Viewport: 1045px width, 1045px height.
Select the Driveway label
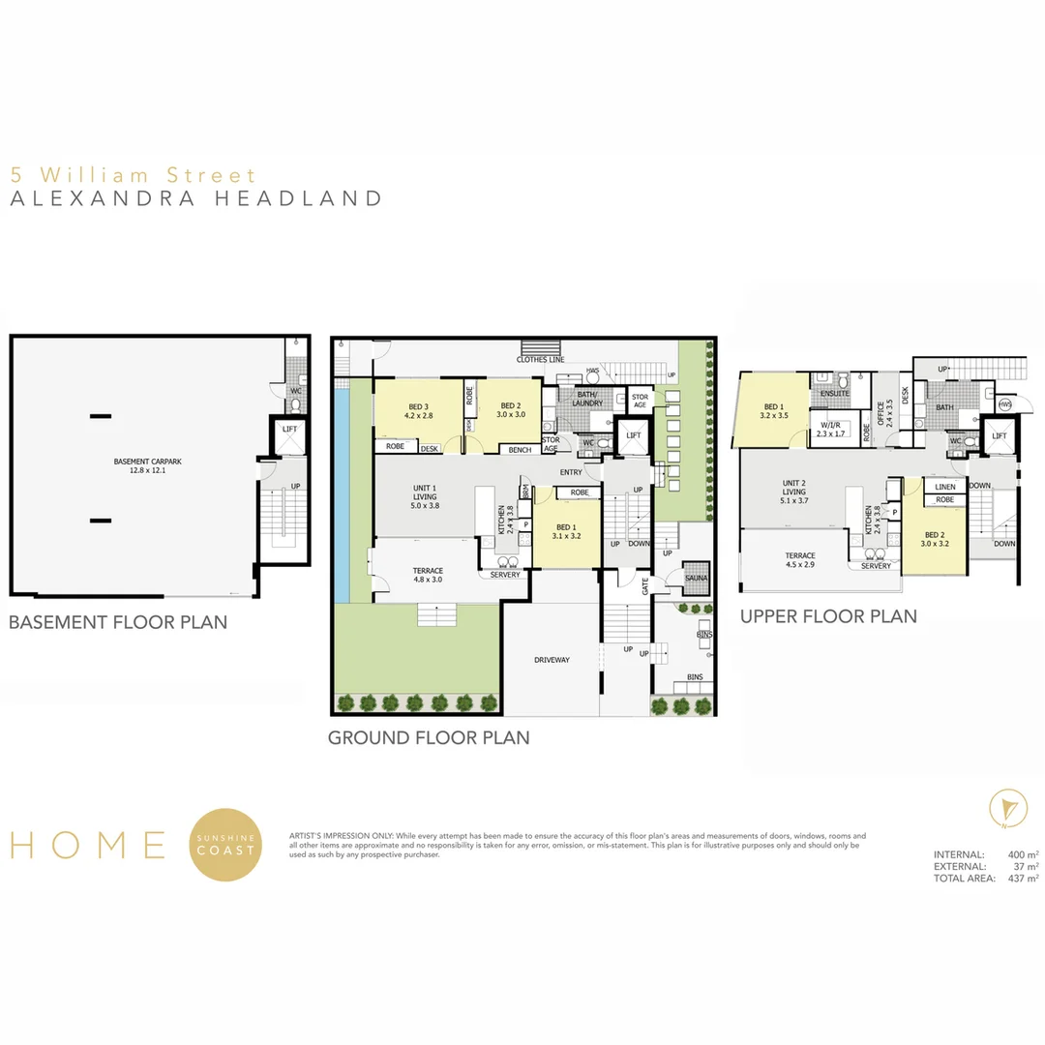552,660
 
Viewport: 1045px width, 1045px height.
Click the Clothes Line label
540,360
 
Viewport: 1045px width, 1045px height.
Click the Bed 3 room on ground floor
418,410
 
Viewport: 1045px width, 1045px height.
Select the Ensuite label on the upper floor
834,394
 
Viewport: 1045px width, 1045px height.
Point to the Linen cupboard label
944,487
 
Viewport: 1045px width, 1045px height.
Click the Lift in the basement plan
289,428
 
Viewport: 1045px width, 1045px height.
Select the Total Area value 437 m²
1023,879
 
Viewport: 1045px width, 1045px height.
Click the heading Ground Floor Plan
429,737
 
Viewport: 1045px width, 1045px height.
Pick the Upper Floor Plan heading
828,616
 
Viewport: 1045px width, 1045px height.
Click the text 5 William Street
134,175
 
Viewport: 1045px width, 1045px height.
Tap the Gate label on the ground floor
645,585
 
